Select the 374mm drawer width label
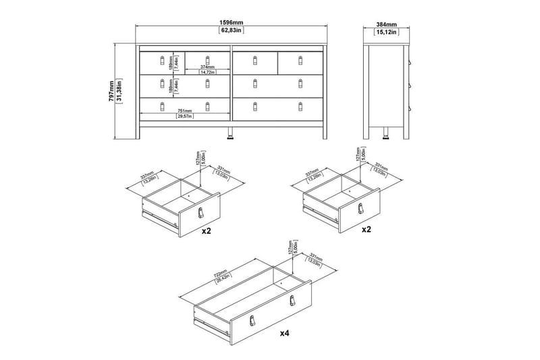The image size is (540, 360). (207, 68)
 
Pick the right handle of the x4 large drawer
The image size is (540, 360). (292, 301)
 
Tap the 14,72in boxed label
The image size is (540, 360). (207, 74)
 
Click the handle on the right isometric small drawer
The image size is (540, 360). (360, 209)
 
